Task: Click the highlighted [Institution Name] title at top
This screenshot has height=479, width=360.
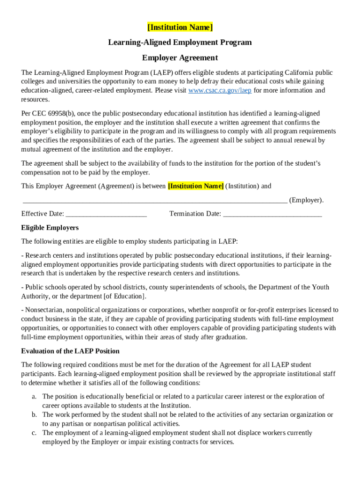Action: coord(180,28)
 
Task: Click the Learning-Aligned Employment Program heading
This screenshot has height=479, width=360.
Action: coord(180,43)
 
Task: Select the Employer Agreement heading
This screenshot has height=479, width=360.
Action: coord(180,58)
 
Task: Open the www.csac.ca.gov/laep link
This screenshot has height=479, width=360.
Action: coord(219,91)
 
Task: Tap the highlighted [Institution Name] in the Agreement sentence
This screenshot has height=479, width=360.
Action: coord(195,186)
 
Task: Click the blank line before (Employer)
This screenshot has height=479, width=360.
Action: coord(155,200)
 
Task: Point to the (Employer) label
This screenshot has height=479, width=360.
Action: coord(306,200)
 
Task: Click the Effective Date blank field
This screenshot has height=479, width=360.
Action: coord(106,214)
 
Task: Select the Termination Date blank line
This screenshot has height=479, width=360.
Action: coord(273,214)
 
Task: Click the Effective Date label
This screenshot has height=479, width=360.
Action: coord(43,214)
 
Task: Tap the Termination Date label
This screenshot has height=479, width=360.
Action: coord(195,214)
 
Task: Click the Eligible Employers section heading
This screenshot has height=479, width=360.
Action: coord(50,228)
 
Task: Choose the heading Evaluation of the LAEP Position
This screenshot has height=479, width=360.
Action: coord(70,351)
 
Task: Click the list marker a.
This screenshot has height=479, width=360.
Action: coord(34,397)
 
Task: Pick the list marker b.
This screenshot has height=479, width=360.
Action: coord(34,415)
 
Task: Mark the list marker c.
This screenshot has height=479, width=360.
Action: coord(34,433)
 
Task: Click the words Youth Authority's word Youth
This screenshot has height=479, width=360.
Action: coord(320,287)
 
